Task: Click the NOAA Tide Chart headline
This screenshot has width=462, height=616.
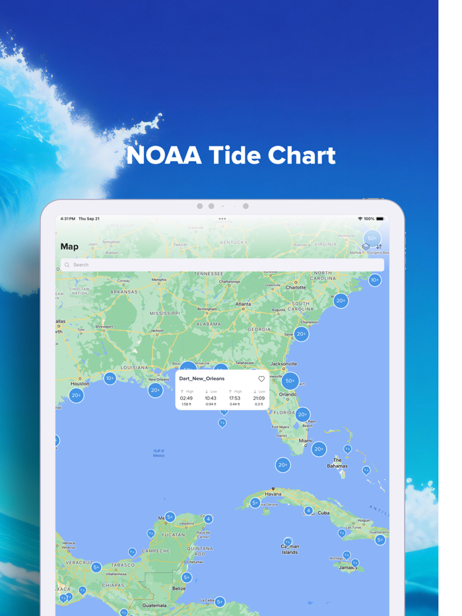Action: tap(231, 156)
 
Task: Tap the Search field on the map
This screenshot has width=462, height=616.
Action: tap(222, 264)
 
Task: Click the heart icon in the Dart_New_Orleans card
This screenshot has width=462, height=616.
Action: tap(261, 379)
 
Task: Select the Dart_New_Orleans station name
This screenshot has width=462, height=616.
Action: tap(202, 379)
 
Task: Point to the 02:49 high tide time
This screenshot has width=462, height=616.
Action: tap(186, 398)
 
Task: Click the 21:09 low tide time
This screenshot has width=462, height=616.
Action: tap(259, 398)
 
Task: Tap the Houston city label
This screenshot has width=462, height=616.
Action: tap(80, 383)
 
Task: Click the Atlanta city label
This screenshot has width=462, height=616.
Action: tap(244, 304)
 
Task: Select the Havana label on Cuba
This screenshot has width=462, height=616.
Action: tap(273, 493)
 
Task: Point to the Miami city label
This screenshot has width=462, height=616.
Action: tap(305, 441)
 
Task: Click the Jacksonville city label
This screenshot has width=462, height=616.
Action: tap(284, 363)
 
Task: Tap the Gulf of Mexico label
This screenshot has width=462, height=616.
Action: tap(158, 453)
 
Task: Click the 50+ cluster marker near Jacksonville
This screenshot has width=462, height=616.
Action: tap(290, 381)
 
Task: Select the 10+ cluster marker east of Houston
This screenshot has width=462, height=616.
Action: tap(110, 378)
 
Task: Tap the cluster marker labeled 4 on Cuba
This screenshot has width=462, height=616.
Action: tap(308, 510)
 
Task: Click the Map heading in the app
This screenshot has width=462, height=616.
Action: tap(69, 247)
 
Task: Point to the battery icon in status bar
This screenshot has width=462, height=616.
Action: tap(379, 218)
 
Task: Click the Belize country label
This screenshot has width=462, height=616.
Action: tap(178, 588)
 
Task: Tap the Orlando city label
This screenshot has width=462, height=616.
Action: tap(287, 394)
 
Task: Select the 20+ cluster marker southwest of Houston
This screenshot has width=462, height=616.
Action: tap(77, 395)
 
